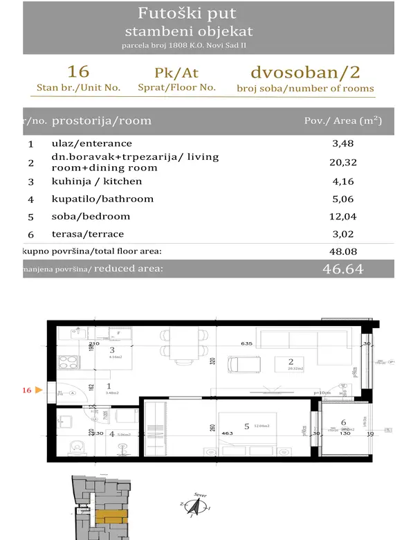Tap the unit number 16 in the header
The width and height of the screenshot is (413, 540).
78,72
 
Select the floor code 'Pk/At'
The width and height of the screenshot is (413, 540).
177,73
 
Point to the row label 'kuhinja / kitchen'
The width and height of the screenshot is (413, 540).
97,181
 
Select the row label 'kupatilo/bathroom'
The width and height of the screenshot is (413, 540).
102,199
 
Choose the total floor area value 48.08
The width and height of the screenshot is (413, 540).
343,253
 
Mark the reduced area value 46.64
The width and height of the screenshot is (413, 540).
343,269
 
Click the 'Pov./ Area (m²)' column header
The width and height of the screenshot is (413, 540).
343,120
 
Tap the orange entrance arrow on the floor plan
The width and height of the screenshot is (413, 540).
39,390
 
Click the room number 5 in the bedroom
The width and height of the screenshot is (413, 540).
246,426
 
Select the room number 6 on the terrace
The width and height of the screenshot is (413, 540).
344,422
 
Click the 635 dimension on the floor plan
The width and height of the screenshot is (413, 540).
247,342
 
